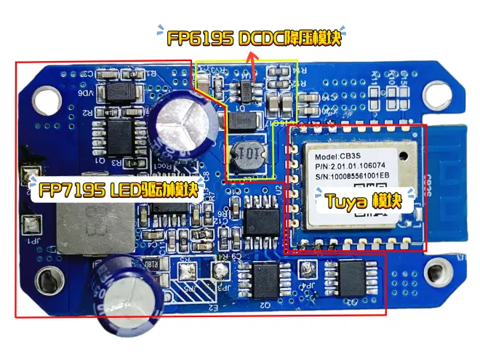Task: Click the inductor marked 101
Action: (245, 156)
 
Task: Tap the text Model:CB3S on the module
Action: (337, 158)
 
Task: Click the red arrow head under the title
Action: (253, 64)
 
